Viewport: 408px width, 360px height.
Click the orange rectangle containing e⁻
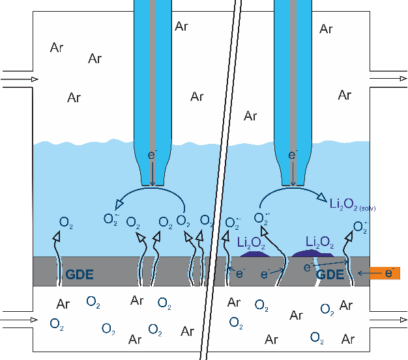coord(386,273)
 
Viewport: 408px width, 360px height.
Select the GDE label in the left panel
coord(80,275)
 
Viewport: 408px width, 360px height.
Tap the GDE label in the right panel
coord(330,275)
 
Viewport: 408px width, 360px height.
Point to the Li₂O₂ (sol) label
coord(352,206)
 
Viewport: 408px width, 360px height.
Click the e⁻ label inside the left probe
coord(153,155)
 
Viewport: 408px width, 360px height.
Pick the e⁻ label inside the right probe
coord(293,155)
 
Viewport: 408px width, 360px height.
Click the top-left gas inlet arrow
coord(20,79)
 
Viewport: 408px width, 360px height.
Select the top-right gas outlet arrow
coord(388,79)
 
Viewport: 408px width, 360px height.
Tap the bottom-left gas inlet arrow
coord(20,320)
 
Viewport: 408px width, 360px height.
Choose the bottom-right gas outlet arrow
coord(388,319)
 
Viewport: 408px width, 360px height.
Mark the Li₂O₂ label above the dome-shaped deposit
coord(319,243)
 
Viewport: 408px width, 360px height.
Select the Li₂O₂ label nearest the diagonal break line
coord(251,243)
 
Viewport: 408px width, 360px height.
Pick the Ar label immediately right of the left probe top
coord(182,26)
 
